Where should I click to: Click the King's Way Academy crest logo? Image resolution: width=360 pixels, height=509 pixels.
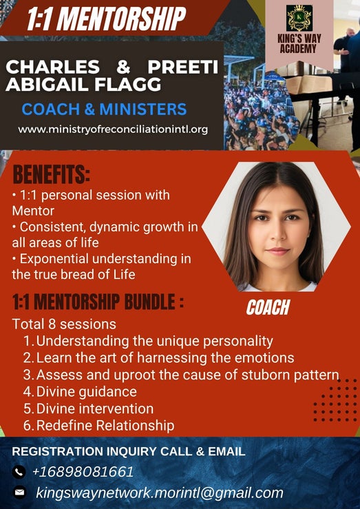pyautogui.click(x=299, y=18)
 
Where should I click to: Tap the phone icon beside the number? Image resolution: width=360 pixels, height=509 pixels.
pyautogui.click(x=19, y=472)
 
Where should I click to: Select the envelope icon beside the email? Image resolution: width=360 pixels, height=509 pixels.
pyautogui.click(x=19, y=492)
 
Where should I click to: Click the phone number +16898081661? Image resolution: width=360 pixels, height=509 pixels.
pyautogui.click(x=83, y=472)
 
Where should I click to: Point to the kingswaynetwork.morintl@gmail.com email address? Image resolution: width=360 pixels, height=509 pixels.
pyautogui.click(x=160, y=492)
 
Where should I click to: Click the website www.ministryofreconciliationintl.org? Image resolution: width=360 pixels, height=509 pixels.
pyautogui.click(x=113, y=129)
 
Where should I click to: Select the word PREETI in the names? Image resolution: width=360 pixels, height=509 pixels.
pyautogui.click(x=182, y=67)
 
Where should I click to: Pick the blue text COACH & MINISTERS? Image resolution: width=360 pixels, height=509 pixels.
pyautogui.click(x=104, y=109)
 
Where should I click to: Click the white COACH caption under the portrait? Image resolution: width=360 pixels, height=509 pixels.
pyautogui.click(x=268, y=307)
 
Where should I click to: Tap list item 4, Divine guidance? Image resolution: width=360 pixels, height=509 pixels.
pyautogui.click(x=80, y=392)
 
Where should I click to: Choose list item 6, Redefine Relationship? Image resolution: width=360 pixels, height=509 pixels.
pyautogui.click(x=99, y=426)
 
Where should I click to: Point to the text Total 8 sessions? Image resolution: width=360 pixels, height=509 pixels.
pyautogui.click(x=64, y=324)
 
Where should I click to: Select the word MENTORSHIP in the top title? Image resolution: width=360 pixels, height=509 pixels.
pyautogui.click(x=123, y=19)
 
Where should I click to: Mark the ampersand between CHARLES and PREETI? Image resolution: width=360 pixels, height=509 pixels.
pyautogui.click(x=123, y=67)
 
